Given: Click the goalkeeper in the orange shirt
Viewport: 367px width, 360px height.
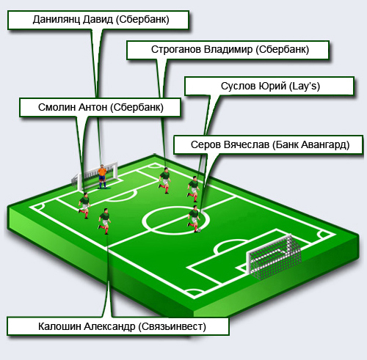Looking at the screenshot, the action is pyautogui.click(x=102, y=177).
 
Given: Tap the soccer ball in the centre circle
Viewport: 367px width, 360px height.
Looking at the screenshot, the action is pyautogui.click(x=199, y=230).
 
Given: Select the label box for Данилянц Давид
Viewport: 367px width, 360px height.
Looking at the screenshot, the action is pyautogui.click(x=98, y=20).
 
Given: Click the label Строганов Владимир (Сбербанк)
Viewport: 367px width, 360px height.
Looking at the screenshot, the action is pyautogui.click(x=228, y=50).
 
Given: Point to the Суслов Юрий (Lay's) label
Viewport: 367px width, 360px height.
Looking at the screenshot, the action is pyautogui.click(x=269, y=86).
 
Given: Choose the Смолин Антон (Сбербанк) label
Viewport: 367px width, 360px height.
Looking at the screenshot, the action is pyautogui.click(x=100, y=108).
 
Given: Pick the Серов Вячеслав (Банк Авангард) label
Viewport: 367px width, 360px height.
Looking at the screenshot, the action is pyautogui.click(x=269, y=144).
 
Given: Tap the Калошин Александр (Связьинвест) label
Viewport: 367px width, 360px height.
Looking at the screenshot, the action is pyautogui.click(x=118, y=326).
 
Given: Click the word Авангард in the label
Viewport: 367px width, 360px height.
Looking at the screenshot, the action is pyautogui.click(x=325, y=145).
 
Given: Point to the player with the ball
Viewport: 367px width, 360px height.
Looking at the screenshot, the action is pyautogui.click(x=194, y=218).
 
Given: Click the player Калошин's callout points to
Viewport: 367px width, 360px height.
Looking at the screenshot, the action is pyautogui.click(x=104, y=221).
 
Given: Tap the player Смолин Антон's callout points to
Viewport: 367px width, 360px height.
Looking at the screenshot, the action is pyautogui.click(x=84, y=205).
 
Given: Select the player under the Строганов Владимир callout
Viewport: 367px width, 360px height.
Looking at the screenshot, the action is pyautogui.click(x=164, y=180).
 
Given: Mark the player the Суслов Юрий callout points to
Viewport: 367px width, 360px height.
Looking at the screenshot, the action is pyautogui.click(x=194, y=189).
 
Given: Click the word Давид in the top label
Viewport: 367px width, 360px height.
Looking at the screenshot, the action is pyautogui.click(x=98, y=20).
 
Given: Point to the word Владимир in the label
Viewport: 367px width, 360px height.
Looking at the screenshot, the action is pyautogui.click(x=228, y=50).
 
